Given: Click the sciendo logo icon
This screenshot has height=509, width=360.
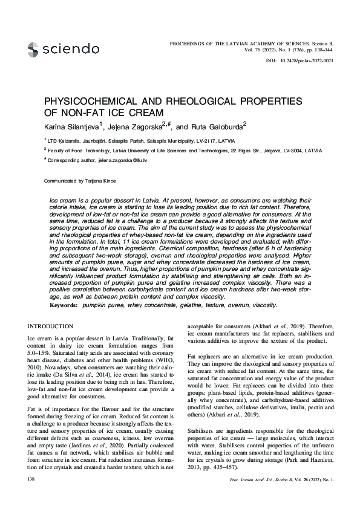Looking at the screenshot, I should (33, 48).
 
